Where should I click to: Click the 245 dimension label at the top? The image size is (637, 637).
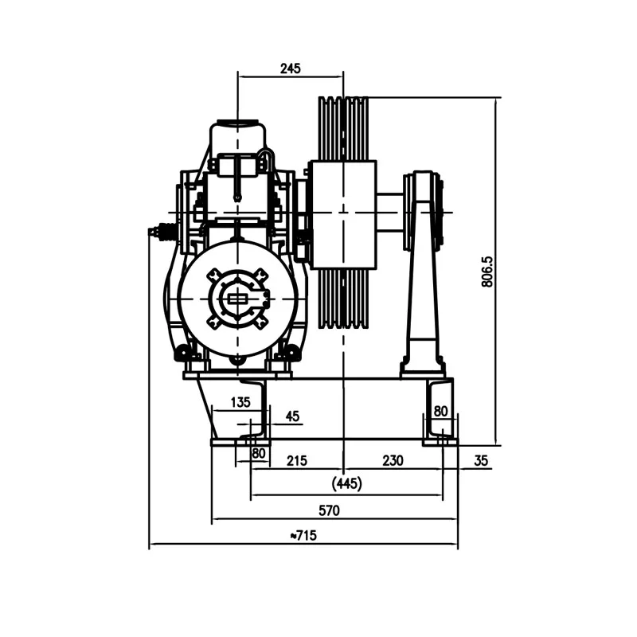[291, 68]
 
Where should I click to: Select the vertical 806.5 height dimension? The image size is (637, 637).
[487, 272]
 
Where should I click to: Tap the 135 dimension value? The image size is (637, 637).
[240, 402]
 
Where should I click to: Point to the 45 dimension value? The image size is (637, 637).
[292, 416]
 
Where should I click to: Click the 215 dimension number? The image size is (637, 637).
[297, 461]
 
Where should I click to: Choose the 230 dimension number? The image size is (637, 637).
[393, 461]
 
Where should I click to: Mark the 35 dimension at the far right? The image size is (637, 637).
[481, 461]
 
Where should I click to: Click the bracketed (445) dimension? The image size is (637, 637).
[346, 483]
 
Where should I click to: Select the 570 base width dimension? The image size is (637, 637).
[329, 510]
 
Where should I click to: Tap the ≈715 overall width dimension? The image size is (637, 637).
[303, 535]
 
